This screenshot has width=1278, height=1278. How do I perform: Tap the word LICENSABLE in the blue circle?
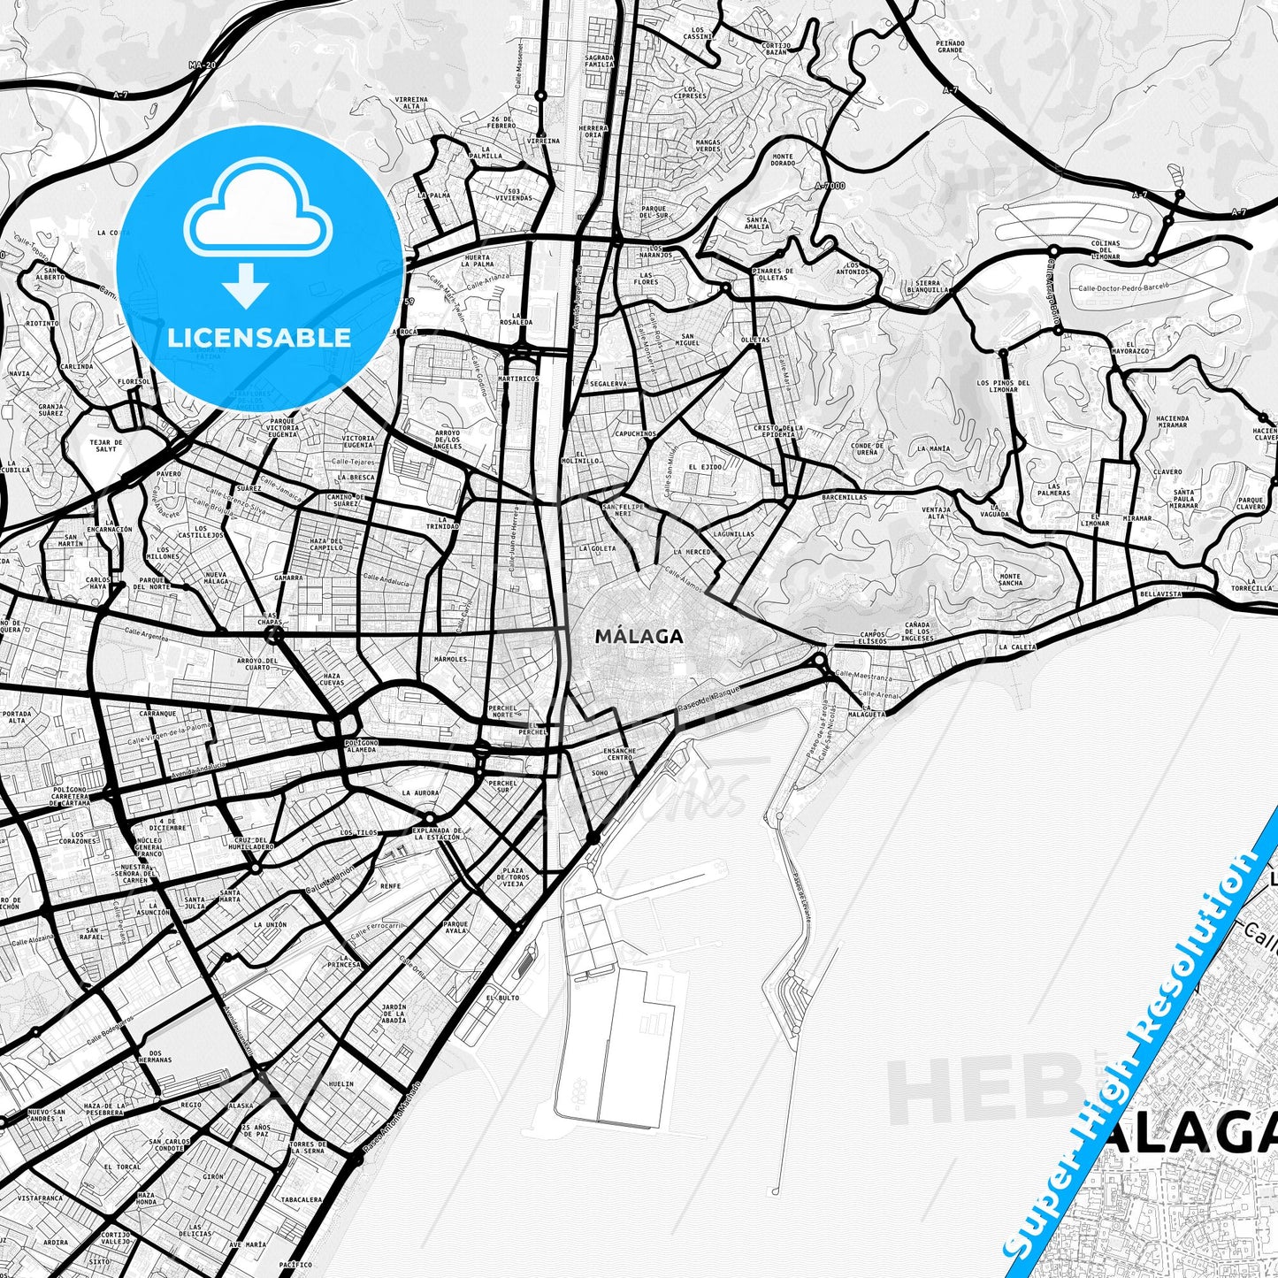pyautogui.click(x=259, y=337)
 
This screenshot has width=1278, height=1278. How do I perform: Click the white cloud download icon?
pyautogui.click(x=257, y=217)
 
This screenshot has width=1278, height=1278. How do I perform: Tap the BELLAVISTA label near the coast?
pyautogui.click(x=1160, y=594)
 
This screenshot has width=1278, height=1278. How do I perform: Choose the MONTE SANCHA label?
pyautogui.click(x=1010, y=580)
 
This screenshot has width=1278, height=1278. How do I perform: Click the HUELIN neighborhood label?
pyautogui.click(x=340, y=1083)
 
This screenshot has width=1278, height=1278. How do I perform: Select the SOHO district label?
pyautogui.click(x=600, y=772)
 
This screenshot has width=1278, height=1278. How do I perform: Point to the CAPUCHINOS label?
pyautogui.click(x=635, y=434)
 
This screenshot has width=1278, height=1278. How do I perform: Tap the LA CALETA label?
pyautogui.click(x=1016, y=647)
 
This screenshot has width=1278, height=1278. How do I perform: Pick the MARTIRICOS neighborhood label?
pyautogui.click(x=517, y=379)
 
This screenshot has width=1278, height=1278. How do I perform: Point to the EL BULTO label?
pyautogui.click(x=502, y=998)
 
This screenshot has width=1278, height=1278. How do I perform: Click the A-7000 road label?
pyautogui.click(x=830, y=185)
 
